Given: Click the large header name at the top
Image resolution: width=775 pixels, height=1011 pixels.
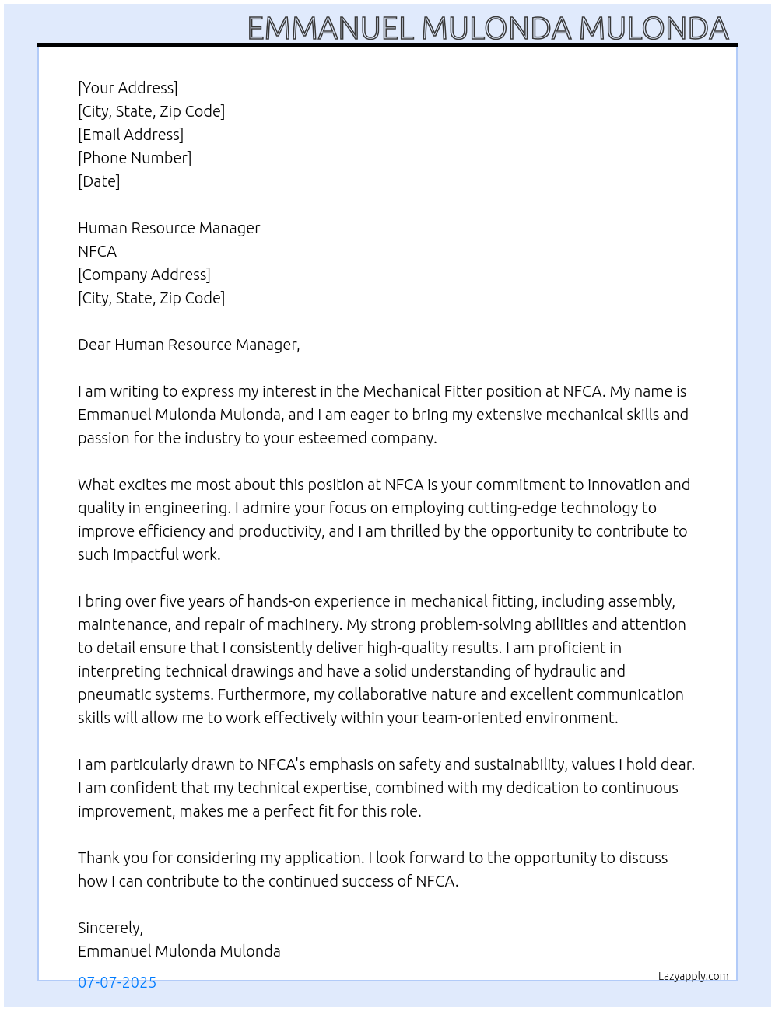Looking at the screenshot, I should (x=488, y=28).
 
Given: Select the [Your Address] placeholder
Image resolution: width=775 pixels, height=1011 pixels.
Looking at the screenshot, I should (x=128, y=88).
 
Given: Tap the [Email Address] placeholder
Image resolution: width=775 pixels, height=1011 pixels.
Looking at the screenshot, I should (x=131, y=135).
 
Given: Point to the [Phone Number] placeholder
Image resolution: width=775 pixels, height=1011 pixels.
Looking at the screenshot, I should (x=135, y=158).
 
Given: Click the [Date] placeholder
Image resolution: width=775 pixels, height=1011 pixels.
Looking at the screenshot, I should (x=99, y=181).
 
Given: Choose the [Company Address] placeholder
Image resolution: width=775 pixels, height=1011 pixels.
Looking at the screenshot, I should (x=144, y=275).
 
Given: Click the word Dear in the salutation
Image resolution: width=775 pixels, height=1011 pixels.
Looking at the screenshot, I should (x=94, y=345).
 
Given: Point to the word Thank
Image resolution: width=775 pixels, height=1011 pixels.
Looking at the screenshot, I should (x=98, y=858).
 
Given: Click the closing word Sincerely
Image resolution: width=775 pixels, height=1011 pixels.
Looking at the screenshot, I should (x=110, y=928).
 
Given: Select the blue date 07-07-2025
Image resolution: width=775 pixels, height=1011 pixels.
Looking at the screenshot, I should (x=117, y=982).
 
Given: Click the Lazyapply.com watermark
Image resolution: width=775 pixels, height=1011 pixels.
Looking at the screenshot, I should (x=693, y=976).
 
